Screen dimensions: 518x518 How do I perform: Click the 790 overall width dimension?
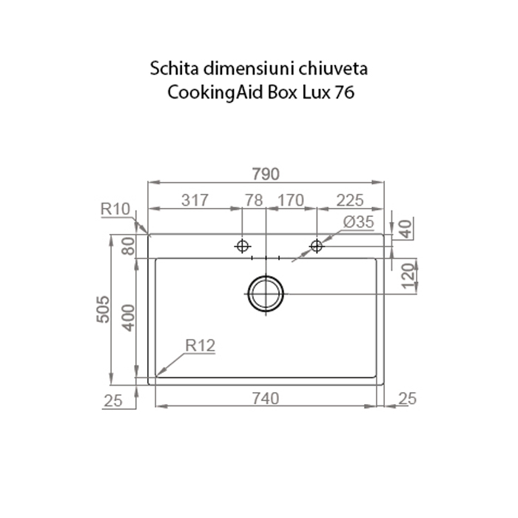tap(265, 175)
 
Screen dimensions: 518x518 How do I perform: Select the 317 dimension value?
tap(194, 200)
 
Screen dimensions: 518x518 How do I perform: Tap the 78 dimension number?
tap(254, 200)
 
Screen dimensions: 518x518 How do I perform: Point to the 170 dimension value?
tap(290, 200)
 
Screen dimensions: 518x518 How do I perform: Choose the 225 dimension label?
tap(349, 200)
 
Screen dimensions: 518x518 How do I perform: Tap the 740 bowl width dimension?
tap(265, 399)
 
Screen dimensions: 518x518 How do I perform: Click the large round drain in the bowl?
tap(265, 294)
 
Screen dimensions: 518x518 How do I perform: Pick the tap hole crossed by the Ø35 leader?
tap(317, 245)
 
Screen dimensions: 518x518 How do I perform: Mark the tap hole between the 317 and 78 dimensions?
tap(241, 245)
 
